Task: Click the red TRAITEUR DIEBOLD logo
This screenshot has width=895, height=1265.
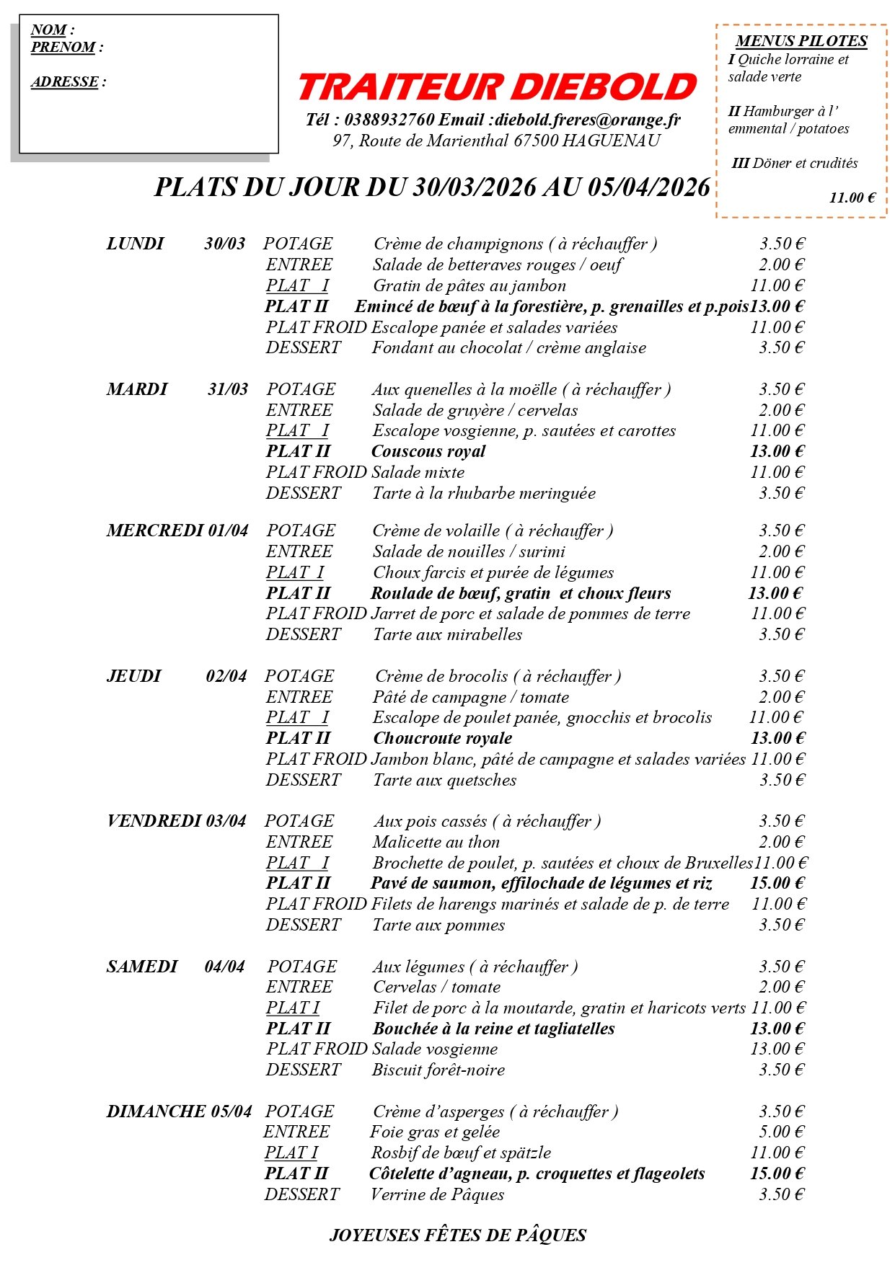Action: (497, 87)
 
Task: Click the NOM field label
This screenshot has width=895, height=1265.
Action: (49, 30)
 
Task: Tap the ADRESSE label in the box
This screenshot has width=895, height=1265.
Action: (65, 82)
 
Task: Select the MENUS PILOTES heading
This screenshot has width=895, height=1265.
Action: (801, 41)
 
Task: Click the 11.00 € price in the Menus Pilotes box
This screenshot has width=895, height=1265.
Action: (852, 197)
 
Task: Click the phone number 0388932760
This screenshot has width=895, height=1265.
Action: (389, 120)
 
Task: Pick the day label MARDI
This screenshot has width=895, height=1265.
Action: (137, 390)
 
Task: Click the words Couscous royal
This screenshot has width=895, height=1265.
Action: (428, 452)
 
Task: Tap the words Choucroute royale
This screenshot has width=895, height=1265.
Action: (443, 739)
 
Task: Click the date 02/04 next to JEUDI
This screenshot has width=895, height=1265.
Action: (226, 677)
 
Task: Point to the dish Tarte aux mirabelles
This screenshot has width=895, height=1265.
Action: (447, 635)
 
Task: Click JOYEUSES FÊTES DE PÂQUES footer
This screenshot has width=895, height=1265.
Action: (457, 1235)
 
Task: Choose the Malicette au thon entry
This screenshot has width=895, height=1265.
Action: (436, 843)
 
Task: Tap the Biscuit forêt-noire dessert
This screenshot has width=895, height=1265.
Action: (438, 1070)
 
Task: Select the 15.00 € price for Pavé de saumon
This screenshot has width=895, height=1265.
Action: (777, 884)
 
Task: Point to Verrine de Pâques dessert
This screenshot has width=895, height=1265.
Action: (437, 1195)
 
